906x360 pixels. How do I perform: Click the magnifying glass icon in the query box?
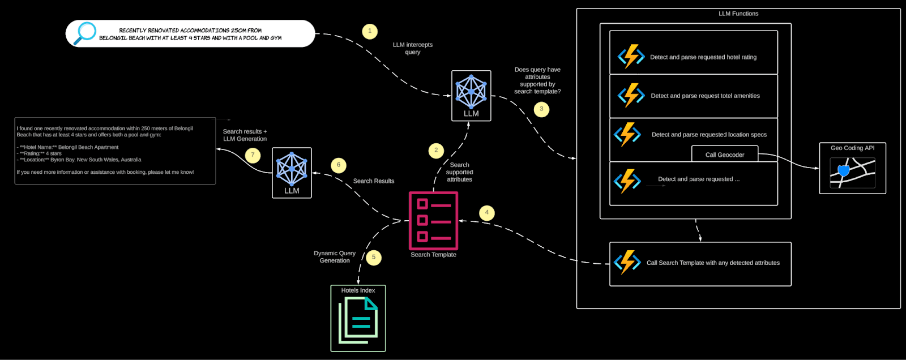pyautogui.click(x=86, y=33)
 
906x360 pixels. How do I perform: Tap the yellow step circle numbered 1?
pyautogui.click(x=370, y=31)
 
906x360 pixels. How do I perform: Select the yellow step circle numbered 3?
pyautogui.click(x=541, y=109)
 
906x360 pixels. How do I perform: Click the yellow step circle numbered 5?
pyautogui.click(x=373, y=258)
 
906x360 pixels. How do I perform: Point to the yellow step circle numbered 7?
pyautogui.click(x=253, y=155)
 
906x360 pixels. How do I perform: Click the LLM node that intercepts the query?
pyautogui.click(x=471, y=95)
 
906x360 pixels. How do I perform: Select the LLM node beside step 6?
pyautogui.click(x=292, y=173)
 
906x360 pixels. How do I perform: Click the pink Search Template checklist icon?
pyautogui.click(x=433, y=221)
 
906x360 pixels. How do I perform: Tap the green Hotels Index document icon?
pyautogui.click(x=358, y=320)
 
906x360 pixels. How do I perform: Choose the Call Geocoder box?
pyautogui.click(x=725, y=155)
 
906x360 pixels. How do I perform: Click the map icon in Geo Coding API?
pyautogui.click(x=852, y=173)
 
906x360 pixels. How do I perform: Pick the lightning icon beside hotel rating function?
pyautogui.click(x=630, y=57)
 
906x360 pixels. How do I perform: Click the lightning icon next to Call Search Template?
pyautogui.click(x=627, y=263)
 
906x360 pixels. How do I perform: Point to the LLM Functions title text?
pyautogui.click(x=738, y=14)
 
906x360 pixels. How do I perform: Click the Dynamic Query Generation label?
pyautogui.click(x=335, y=257)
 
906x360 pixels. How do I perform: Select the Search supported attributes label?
pyautogui.click(x=459, y=172)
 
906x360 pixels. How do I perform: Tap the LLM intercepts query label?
pyautogui.click(x=413, y=48)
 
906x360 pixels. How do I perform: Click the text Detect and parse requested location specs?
pyautogui.click(x=709, y=135)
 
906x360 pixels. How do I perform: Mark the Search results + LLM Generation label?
pyautogui.click(x=245, y=135)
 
